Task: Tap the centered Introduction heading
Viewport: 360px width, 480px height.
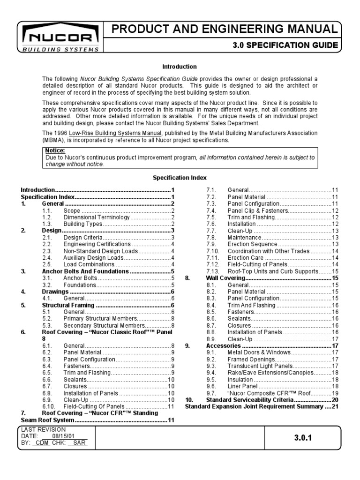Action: tap(180, 67)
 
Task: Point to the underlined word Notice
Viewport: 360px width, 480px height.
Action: tap(55, 150)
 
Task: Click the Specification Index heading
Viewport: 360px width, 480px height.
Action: tap(180, 178)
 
